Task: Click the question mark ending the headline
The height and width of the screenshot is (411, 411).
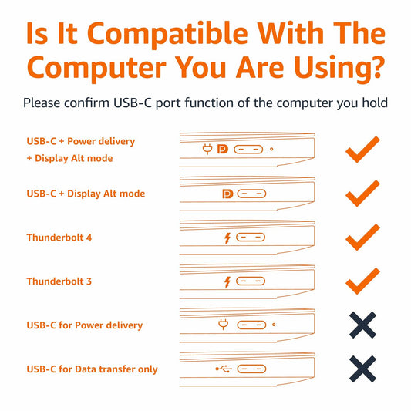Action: click(x=375, y=67)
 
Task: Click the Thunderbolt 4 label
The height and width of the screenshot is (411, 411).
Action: click(x=59, y=238)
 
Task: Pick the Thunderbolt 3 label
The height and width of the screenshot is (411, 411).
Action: click(x=59, y=281)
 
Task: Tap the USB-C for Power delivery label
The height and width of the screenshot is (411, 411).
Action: click(x=85, y=325)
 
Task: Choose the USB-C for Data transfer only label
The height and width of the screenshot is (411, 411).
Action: click(x=92, y=369)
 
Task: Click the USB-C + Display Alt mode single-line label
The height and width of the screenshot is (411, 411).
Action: click(x=86, y=194)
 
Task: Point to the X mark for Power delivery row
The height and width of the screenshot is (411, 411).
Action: click(x=362, y=325)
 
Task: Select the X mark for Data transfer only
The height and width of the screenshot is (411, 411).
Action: click(x=362, y=369)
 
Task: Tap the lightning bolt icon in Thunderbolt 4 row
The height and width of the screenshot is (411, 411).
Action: click(x=227, y=238)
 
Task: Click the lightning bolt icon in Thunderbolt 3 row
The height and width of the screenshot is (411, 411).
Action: click(x=227, y=282)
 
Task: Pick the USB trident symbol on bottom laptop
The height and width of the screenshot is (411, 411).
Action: click(x=223, y=369)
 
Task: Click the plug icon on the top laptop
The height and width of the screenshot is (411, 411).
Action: click(x=207, y=150)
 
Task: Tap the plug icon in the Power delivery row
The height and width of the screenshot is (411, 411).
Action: click(x=224, y=325)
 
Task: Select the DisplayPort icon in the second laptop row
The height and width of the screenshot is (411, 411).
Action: click(x=227, y=194)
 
